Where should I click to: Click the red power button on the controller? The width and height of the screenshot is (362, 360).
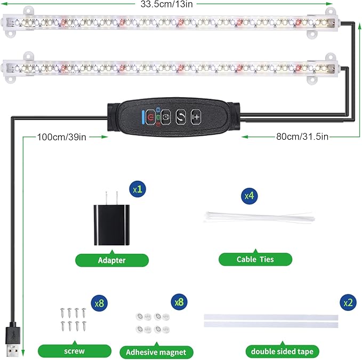(x=152, y=116)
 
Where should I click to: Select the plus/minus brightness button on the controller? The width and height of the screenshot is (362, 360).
(x=196, y=116)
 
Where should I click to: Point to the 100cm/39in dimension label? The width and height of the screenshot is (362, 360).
(x=61, y=137)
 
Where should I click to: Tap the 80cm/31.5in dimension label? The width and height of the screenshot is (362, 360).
(x=302, y=137)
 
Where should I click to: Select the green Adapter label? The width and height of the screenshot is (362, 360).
(x=111, y=260)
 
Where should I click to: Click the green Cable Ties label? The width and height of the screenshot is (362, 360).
(x=255, y=259)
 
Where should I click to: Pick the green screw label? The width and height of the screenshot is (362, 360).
(x=75, y=351)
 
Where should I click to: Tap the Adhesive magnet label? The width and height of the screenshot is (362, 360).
(x=156, y=352)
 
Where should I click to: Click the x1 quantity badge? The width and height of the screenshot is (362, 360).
(x=138, y=188)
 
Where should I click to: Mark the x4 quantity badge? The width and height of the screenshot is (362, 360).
(x=249, y=195)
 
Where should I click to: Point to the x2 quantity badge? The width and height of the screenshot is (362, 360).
(x=348, y=302)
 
